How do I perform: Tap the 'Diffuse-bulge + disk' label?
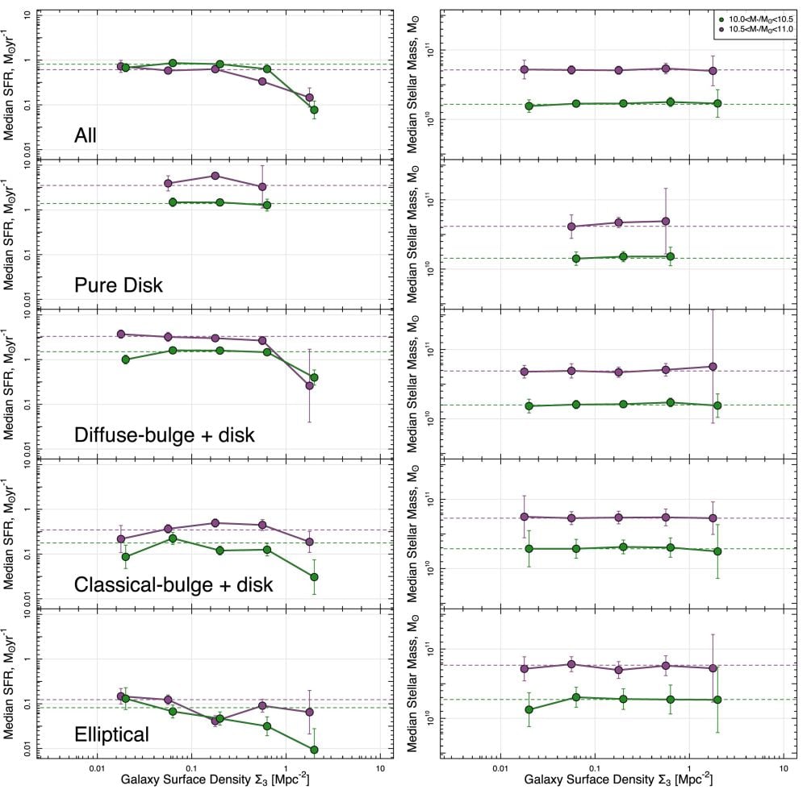pyautogui.click(x=164, y=435)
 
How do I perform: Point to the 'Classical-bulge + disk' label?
pyautogui.click(x=173, y=584)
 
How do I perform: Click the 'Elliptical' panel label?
pyautogui.click(x=111, y=734)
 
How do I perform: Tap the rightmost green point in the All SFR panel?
pyautogui.click(x=314, y=110)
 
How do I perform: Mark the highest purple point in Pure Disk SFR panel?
pyautogui.click(x=215, y=176)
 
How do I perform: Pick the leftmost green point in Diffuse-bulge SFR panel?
pyautogui.click(x=125, y=360)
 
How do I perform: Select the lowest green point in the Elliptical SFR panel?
pyautogui.click(x=314, y=750)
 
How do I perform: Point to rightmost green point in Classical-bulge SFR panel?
pyautogui.click(x=314, y=577)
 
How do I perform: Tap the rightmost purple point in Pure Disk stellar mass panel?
pyautogui.click(x=666, y=221)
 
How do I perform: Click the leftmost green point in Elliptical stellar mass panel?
pyautogui.click(x=529, y=710)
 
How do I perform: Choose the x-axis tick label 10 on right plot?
pyautogui.click(x=784, y=767)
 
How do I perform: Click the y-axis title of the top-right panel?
pyautogui.click(x=422, y=81)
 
